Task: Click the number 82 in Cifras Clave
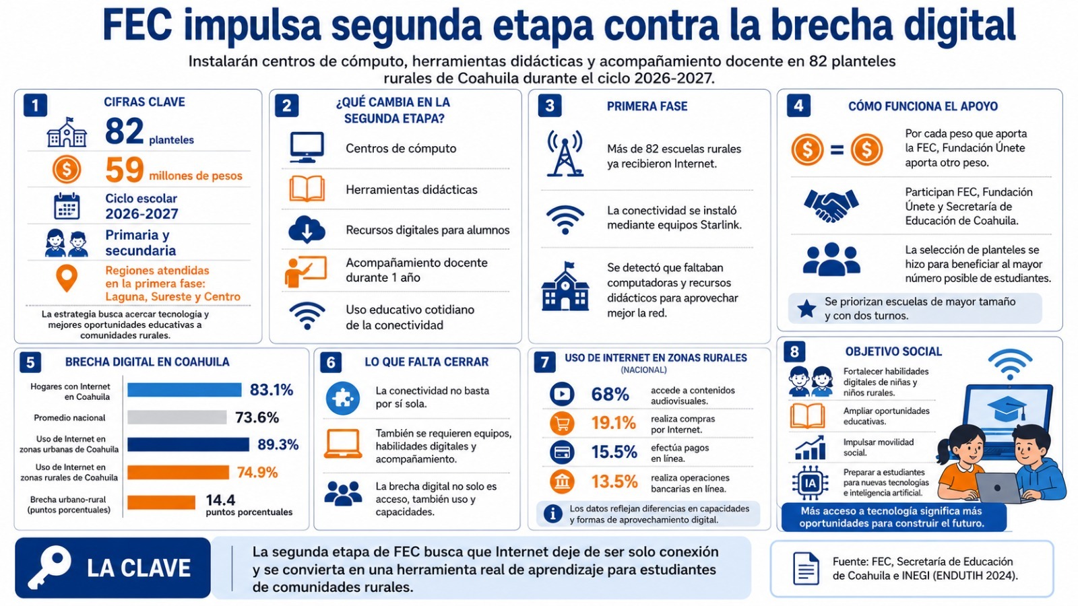click(124, 131)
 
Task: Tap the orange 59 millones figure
click(124, 170)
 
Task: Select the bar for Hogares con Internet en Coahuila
click(185, 390)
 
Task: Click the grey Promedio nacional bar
click(177, 417)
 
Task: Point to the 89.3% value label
click(278, 444)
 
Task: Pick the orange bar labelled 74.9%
click(178, 473)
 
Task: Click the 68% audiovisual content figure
click(610, 395)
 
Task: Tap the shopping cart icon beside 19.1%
click(562, 424)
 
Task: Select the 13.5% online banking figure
click(614, 481)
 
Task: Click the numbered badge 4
click(798, 106)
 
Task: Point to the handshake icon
click(831, 206)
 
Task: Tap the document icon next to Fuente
click(806, 568)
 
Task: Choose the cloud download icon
click(307, 229)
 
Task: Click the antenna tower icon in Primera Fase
click(565, 154)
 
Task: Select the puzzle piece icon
click(343, 398)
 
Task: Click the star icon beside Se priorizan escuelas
click(806, 309)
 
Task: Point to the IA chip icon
click(811, 482)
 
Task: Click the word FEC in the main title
click(137, 26)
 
